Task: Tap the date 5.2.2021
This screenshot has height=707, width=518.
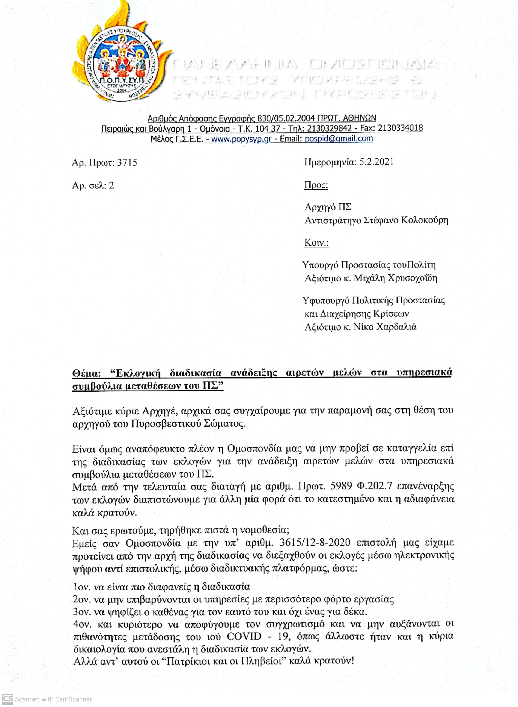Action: (x=376, y=162)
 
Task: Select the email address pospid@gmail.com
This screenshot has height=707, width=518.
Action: (x=339, y=139)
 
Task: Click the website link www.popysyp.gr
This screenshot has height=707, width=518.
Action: (x=241, y=139)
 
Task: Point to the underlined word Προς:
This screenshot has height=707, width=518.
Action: (x=316, y=185)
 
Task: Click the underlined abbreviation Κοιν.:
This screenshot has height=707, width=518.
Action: (x=316, y=243)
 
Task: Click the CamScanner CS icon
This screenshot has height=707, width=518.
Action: (x=7, y=699)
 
